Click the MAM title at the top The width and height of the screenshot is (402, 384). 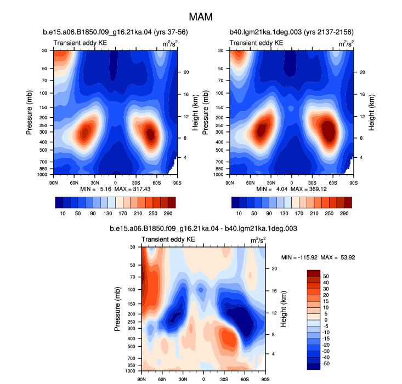201,17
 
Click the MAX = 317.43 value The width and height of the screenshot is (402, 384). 132,189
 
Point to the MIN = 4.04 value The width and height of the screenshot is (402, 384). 272,189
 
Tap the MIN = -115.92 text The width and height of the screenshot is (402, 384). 299,257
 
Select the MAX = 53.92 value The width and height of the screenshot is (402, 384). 338,257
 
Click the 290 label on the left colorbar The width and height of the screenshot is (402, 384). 168,214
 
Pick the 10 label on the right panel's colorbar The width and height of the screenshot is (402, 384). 239,214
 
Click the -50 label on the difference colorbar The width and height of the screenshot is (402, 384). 326,364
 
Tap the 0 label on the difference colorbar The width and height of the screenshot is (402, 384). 326,320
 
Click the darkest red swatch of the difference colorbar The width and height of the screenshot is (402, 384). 314,273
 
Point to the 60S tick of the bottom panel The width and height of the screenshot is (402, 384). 245,380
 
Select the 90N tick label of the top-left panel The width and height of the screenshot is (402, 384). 53,183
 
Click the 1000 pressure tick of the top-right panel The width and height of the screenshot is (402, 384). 218,175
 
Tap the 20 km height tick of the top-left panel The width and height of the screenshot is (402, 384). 186,72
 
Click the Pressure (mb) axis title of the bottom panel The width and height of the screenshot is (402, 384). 117,309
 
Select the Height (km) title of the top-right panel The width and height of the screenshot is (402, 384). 371,113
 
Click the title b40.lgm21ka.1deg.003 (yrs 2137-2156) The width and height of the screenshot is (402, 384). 292,32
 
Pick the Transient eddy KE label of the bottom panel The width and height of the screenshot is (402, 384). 168,239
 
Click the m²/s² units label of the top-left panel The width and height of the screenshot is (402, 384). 170,43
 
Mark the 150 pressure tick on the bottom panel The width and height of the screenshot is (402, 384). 132,304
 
